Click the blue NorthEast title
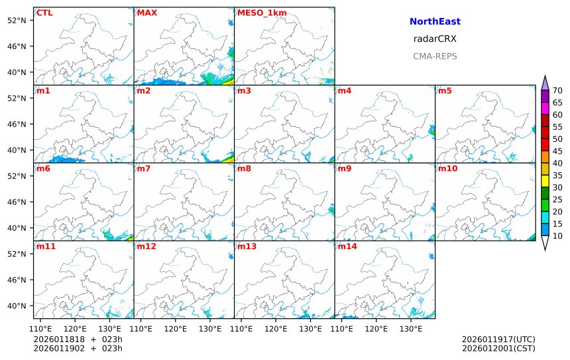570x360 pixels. click(x=435, y=22)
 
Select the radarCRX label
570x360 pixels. click(x=435, y=39)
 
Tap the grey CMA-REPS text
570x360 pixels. click(x=435, y=56)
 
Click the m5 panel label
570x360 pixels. click(x=445, y=91)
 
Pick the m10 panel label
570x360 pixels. click(x=447, y=168)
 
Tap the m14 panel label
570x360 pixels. click(x=347, y=247)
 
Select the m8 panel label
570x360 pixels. click(x=244, y=168)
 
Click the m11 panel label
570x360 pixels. click(x=46, y=247)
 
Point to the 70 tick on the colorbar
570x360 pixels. click(x=557, y=91)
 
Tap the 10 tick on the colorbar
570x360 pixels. click(x=557, y=236)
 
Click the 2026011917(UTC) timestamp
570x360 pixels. click(x=498, y=339)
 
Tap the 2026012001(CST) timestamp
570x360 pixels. click(x=498, y=348)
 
